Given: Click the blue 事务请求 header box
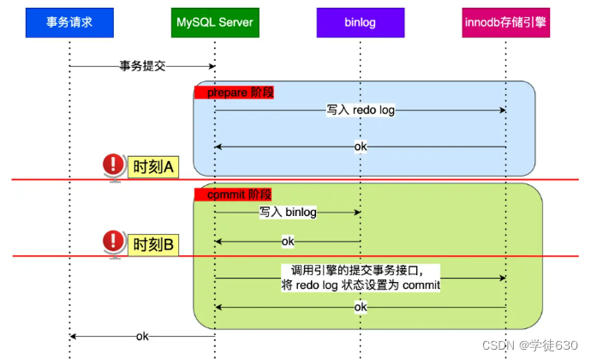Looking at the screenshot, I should (69, 22).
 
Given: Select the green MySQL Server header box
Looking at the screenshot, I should (214, 22).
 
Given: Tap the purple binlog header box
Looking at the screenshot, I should (360, 22).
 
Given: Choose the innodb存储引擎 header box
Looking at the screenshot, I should (505, 22).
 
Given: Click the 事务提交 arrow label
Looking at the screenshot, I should (141, 66).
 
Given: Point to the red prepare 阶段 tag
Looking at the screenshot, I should (235, 92).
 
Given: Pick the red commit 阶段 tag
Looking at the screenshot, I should (233, 195).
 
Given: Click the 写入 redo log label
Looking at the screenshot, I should (360, 111).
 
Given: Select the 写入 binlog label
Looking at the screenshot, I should (287, 212).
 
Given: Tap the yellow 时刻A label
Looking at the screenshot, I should (152, 166).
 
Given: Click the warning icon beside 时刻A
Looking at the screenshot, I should (112, 165).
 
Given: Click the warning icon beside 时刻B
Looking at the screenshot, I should (112, 243).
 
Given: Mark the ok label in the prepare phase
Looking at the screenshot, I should (361, 147).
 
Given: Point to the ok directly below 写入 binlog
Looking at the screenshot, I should (288, 242).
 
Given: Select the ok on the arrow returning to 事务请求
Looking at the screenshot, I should (142, 336).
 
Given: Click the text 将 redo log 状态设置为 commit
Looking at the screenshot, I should (361, 285).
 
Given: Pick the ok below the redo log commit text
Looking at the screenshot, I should (361, 307).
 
